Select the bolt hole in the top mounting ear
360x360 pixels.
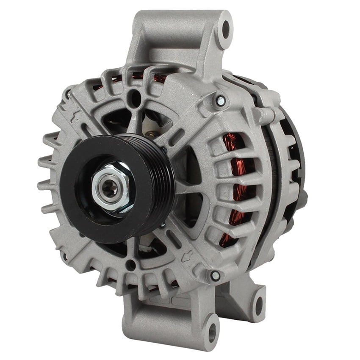point(225,29)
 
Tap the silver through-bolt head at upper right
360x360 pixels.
point(220,100)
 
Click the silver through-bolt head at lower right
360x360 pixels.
point(215,276)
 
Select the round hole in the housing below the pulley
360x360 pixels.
point(131,266)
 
